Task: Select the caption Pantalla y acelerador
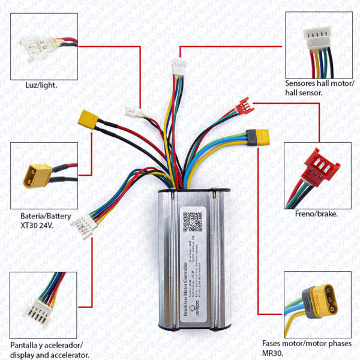[x=47, y=346]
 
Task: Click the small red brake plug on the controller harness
[x=244, y=106]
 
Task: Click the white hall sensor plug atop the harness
[x=178, y=65]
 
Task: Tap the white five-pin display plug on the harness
[x=82, y=223]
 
